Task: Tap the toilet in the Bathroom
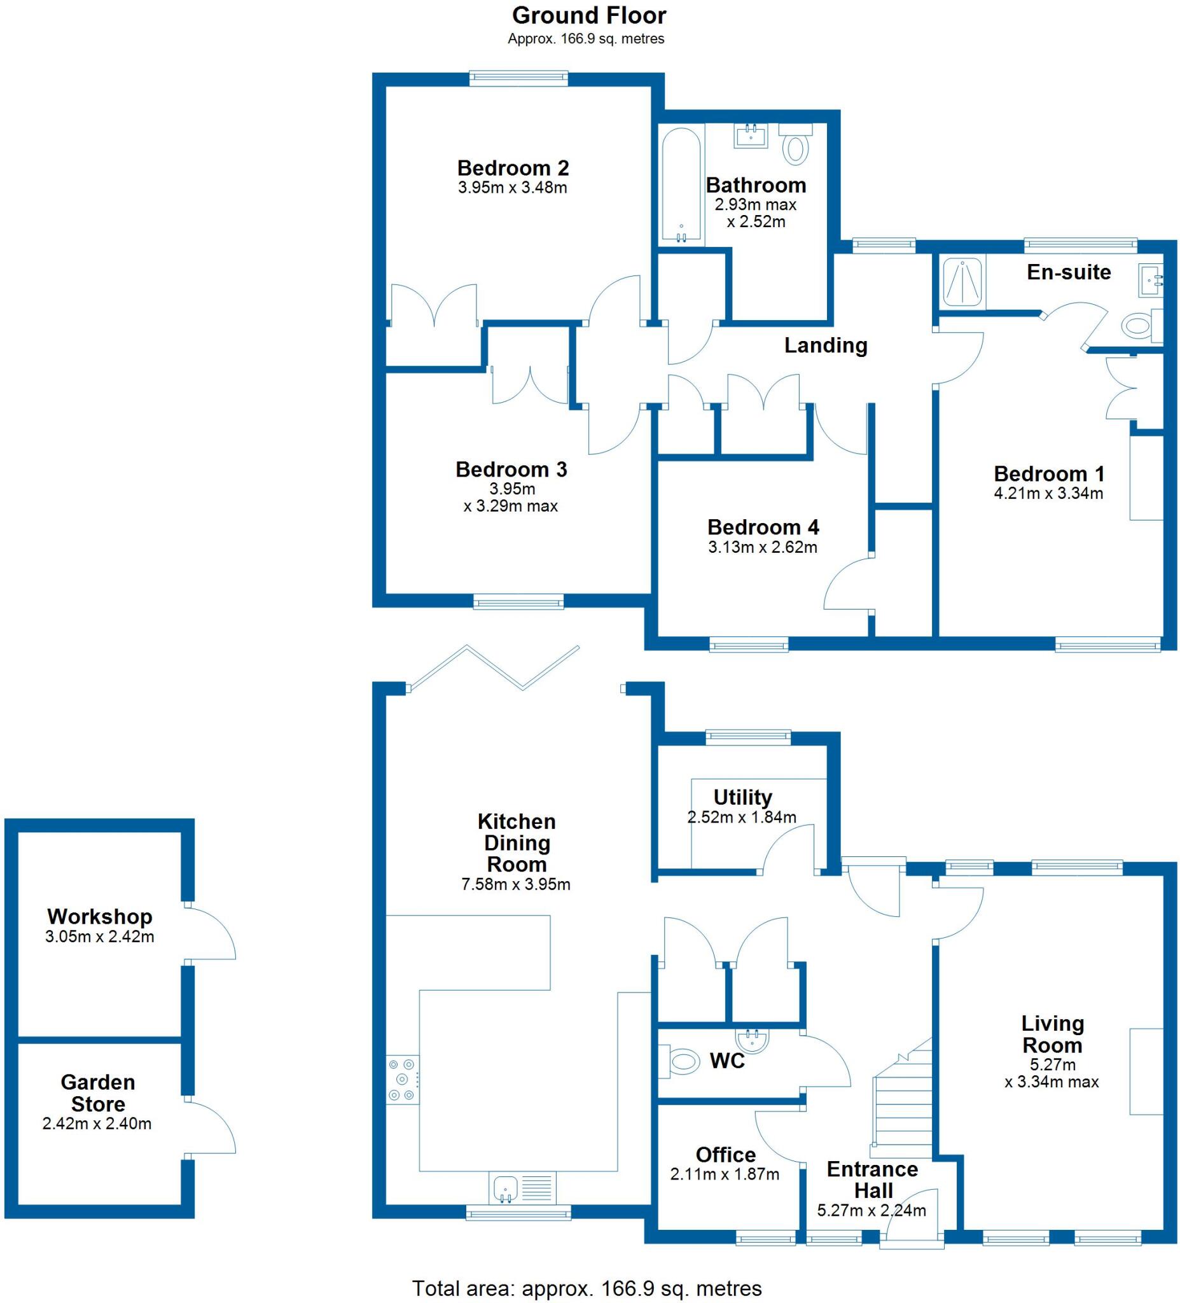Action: click(796, 145)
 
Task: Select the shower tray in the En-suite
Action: click(963, 282)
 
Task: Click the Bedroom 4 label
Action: click(763, 527)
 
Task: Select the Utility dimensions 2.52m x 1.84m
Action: click(741, 818)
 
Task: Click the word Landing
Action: click(825, 345)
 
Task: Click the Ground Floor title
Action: click(588, 15)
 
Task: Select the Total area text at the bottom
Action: click(586, 1288)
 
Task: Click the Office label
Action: click(725, 1154)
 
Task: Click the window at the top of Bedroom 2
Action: click(518, 78)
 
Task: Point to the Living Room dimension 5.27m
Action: click(1052, 1064)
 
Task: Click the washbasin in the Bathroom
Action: click(751, 136)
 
